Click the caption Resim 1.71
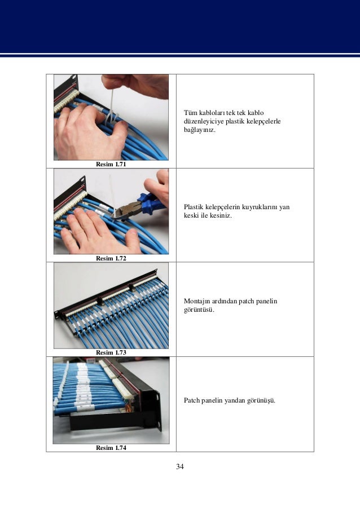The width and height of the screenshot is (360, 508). [x=111, y=164]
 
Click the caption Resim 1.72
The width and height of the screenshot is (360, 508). [x=111, y=258]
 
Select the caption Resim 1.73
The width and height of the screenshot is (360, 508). [x=111, y=352]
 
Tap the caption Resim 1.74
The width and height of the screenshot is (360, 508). [x=111, y=448]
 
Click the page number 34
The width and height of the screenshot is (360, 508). [x=180, y=466]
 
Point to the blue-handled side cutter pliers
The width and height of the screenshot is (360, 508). [x=143, y=205]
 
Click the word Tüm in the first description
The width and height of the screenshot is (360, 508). [x=190, y=113]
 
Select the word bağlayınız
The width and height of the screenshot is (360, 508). [x=199, y=130]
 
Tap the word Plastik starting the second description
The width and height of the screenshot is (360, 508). [x=194, y=207]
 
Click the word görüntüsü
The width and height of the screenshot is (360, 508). [x=199, y=310]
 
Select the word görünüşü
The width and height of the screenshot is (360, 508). [x=261, y=401]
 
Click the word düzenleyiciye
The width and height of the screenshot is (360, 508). [x=204, y=121]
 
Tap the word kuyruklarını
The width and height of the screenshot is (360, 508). [x=260, y=207]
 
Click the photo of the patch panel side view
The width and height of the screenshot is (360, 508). [x=111, y=400]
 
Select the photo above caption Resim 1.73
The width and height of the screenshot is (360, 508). [x=111, y=306]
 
